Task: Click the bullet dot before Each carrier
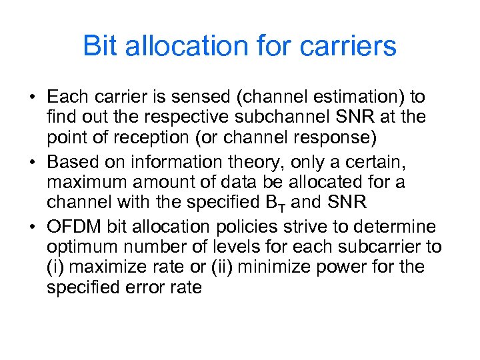click(x=32, y=98)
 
